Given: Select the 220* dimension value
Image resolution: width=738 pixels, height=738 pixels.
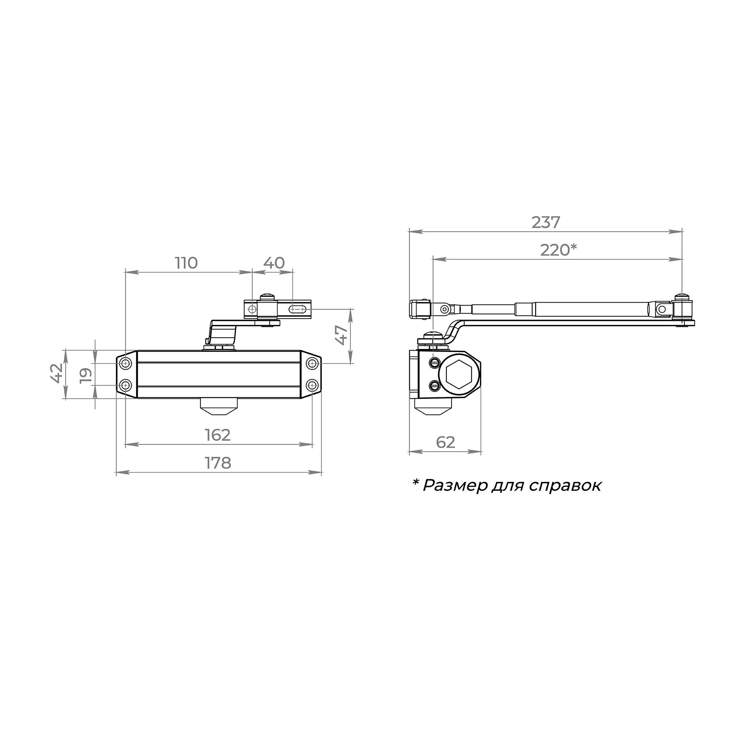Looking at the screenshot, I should tap(558, 250).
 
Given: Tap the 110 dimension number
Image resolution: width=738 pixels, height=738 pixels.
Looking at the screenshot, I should tap(186, 263).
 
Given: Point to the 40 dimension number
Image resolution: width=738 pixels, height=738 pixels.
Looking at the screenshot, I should tap(274, 263).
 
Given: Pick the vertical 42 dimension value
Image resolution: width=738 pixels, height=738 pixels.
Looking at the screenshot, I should tap(56, 373).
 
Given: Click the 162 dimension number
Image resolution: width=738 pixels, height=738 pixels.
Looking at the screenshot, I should tap(218, 435).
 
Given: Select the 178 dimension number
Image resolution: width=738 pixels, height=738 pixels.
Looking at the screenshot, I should tap(218, 463).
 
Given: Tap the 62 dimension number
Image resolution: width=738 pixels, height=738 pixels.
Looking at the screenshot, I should tap(445, 442).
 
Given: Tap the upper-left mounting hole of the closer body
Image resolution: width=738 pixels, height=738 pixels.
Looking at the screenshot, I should tap(126, 363).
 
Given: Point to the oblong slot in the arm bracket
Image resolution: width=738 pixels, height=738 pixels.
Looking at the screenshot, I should tap(297, 309).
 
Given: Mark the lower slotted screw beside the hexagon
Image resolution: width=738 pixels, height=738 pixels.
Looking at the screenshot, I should tap(434, 386).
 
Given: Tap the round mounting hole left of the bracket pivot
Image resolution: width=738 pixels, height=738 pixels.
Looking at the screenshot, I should tap(252, 308).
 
